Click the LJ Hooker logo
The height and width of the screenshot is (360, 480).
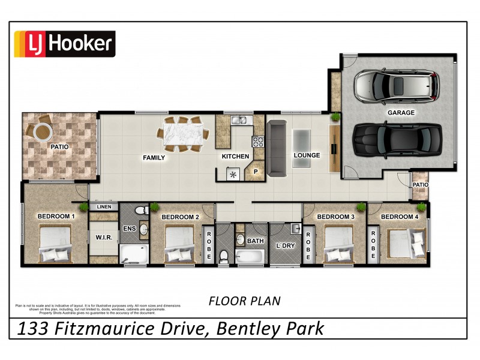[x=64, y=44]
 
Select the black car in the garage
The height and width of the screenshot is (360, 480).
[x=397, y=139]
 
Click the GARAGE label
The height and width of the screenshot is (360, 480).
[x=401, y=112]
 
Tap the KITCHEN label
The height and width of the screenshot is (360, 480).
[x=235, y=157]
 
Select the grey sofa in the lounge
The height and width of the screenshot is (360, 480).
[x=277, y=148]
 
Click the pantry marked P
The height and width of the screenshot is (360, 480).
[x=255, y=171]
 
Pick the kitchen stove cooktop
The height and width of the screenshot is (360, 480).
[x=259, y=142]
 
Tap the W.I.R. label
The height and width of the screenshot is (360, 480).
[x=104, y=237]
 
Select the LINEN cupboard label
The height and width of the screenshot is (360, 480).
[x=104, y=207]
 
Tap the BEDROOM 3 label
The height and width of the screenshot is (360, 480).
[x=335, y=217]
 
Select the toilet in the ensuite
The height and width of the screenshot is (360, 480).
[x=142, y=211]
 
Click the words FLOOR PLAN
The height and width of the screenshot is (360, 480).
[x=244, y=301]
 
